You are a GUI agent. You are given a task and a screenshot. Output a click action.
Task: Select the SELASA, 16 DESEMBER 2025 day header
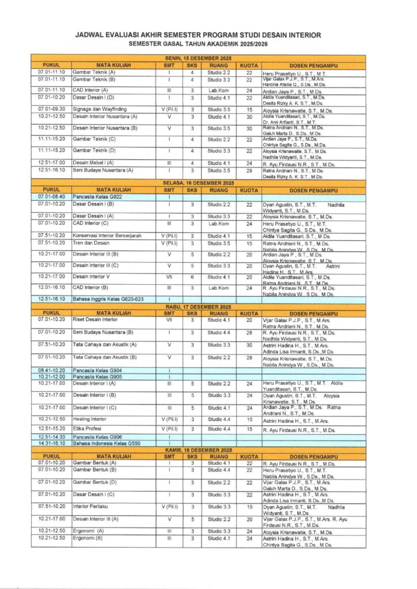(199, 182)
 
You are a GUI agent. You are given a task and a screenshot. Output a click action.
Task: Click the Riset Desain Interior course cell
(96, 319)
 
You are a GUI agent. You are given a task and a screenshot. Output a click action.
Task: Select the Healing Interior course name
(90, 419)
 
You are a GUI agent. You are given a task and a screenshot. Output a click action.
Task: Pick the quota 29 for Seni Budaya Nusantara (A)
(249, 170)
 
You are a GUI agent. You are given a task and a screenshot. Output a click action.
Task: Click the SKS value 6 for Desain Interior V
(192, 277)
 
